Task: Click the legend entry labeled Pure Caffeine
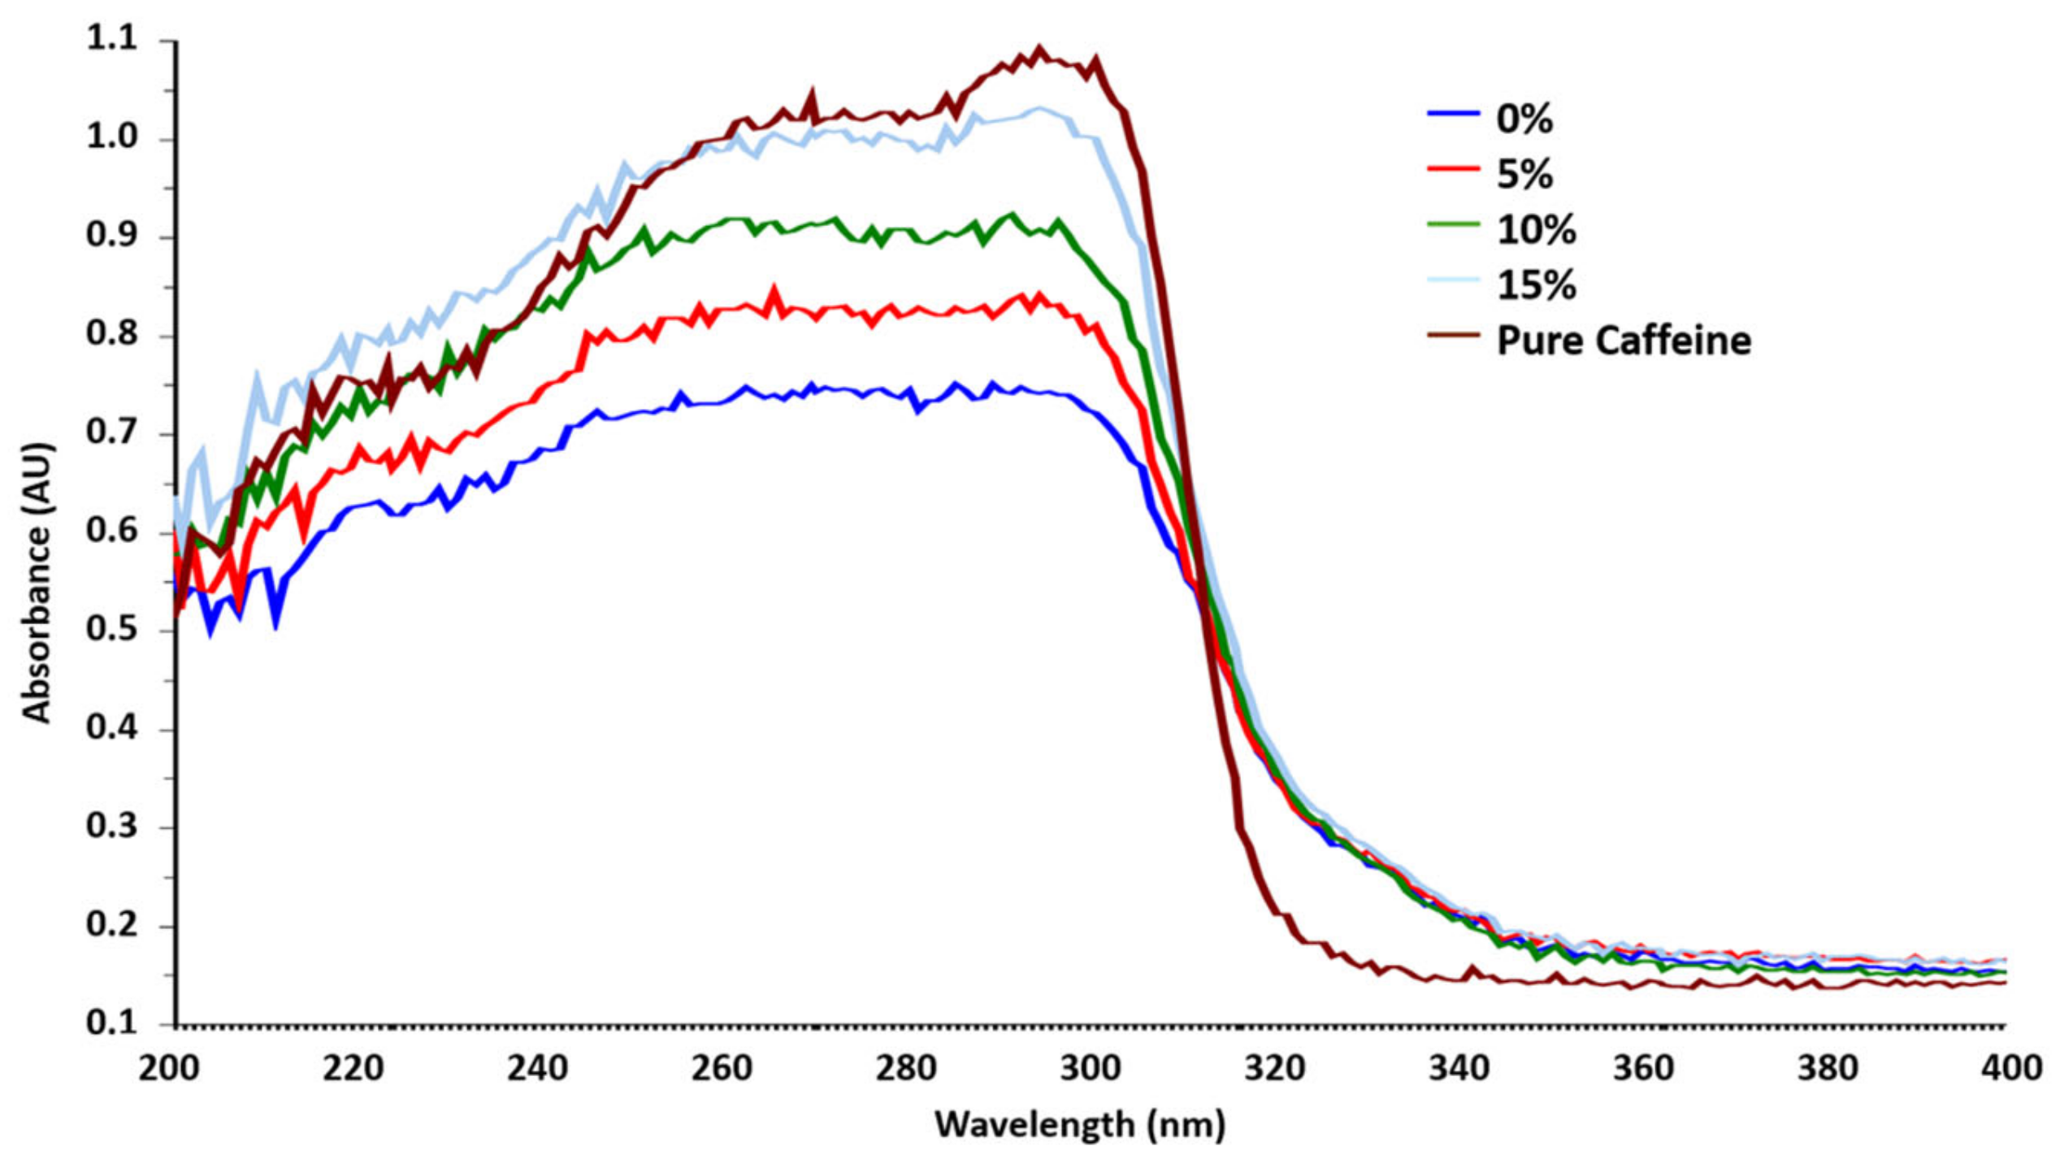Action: pyautogui.click(x=1623, y=341)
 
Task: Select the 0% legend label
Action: pyautogui.click(x=1524, y=119)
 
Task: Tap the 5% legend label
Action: pyautogui.click(x=1524, y=175)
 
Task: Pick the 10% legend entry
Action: pyautogui.click(x=1536, y=230)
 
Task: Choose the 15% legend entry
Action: pyautogui.click(x=1536, y=285)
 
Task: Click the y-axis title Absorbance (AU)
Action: pyautogui.click(x=37, y=583)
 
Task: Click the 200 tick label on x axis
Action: pyautogui.click(x=168, y=1068)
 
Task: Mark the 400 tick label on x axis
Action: pyautogui.click(x=2010, y=1068)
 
